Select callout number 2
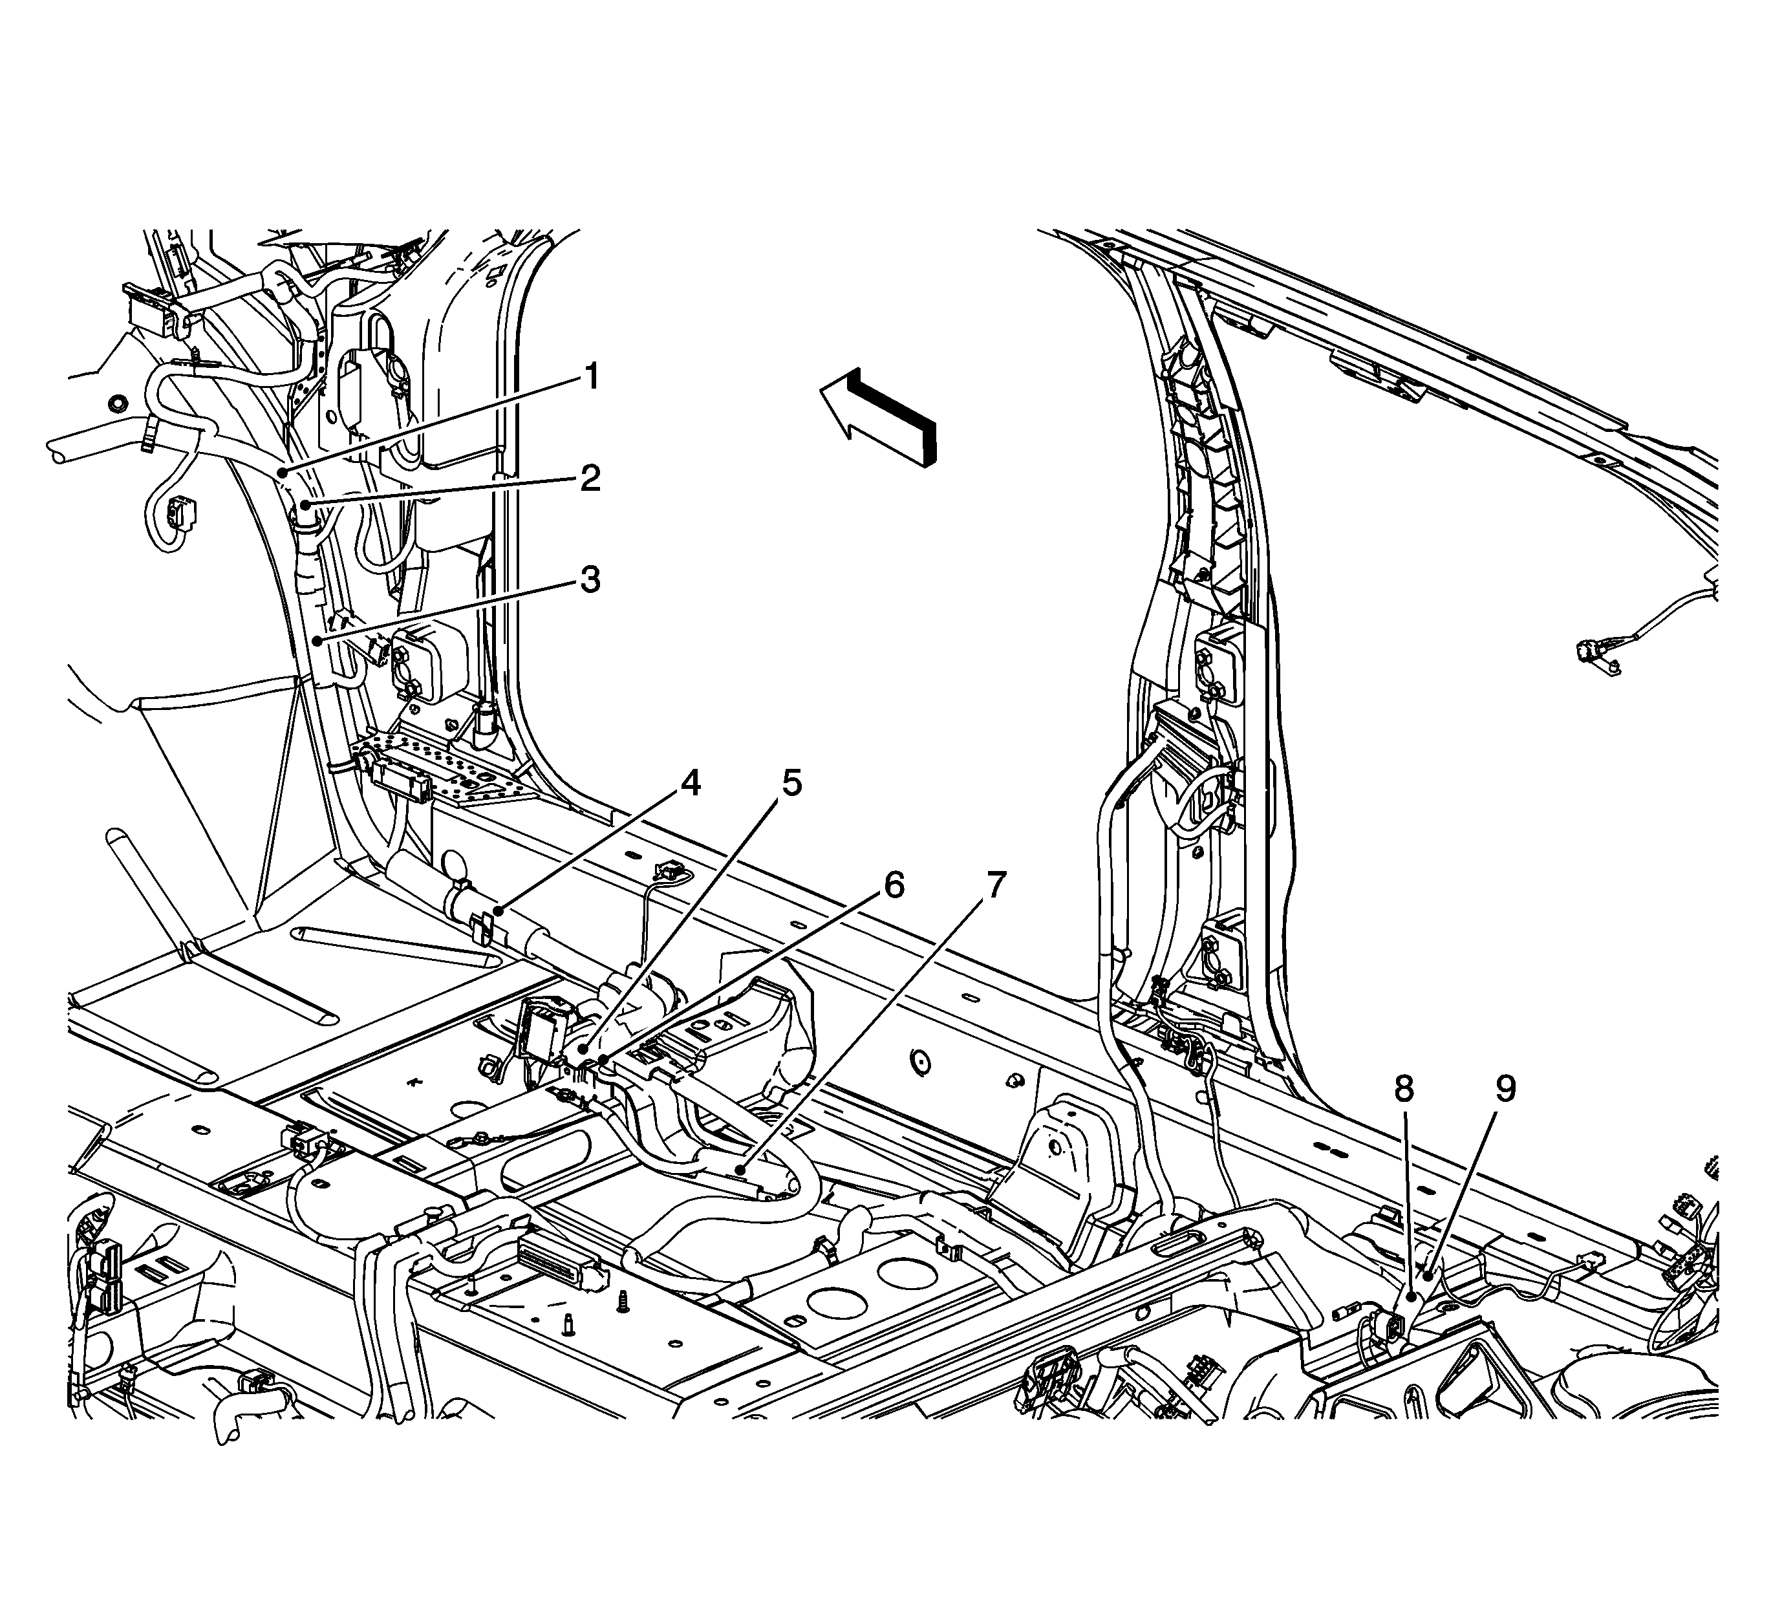(x=590, y=479)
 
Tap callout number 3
(x=590, y=581)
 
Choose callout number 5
(x=791, y=783)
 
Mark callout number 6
(x=894, y=885)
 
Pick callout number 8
(x=1404, y=1090)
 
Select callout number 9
(x=1505, y=1090)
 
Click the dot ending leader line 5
(x=585, y=1050)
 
